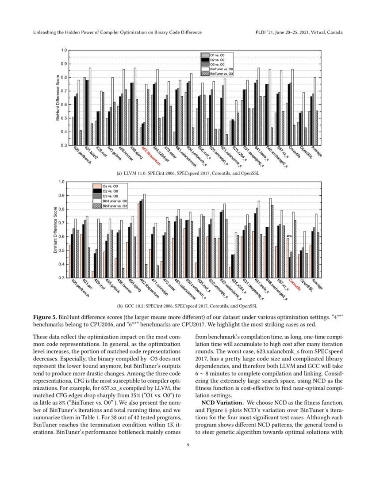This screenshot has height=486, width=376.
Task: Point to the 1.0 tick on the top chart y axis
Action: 64,50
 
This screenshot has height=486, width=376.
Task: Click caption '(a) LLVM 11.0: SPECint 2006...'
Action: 188,174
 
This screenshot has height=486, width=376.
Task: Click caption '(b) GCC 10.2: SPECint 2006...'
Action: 188,305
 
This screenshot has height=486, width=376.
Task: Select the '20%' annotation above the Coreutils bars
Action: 289,236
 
